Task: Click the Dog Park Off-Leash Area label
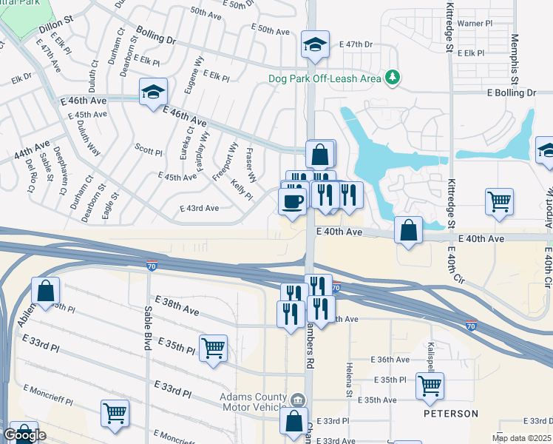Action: pos(325,78)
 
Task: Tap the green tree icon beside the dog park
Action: pos(394,77)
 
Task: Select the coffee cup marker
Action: pos(292,201)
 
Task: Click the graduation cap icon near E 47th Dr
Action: pos(314,45)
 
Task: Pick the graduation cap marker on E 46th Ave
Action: pos(154,92)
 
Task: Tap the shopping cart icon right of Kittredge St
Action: pos(499,201)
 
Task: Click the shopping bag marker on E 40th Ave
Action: pos(408,231)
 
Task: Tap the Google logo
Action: pos(24,435)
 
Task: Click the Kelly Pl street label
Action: pos(241,190)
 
